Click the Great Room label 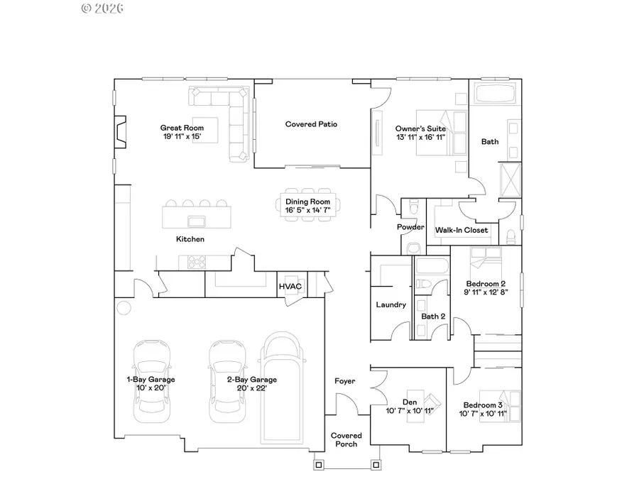tap(177, 128)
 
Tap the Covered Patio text tap(311, 124)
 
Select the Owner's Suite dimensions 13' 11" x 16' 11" tap(420, 137)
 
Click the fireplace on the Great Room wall tap(121, 132)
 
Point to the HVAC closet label tap(290, 287)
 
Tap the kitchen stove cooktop tap(195, 262)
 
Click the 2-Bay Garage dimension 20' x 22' tap(252, 388)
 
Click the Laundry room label tap(390, 305)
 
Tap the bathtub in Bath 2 tap(431, 268)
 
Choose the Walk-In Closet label tap(461, 230)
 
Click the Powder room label tap(410, 227)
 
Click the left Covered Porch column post tap(318, 466)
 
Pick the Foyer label tap(345, 382)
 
